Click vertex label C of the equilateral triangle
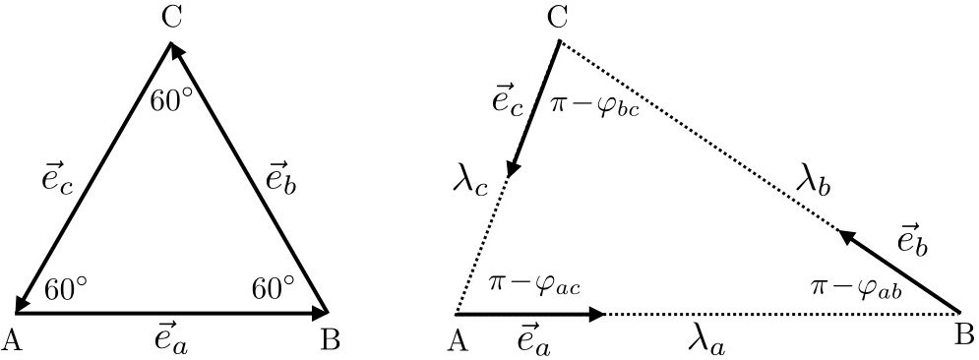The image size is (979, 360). pos(171,18)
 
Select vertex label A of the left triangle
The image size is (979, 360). pos(14,339)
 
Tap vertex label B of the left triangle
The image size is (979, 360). pos(332,339)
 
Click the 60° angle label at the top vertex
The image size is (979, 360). pos(171,101)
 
